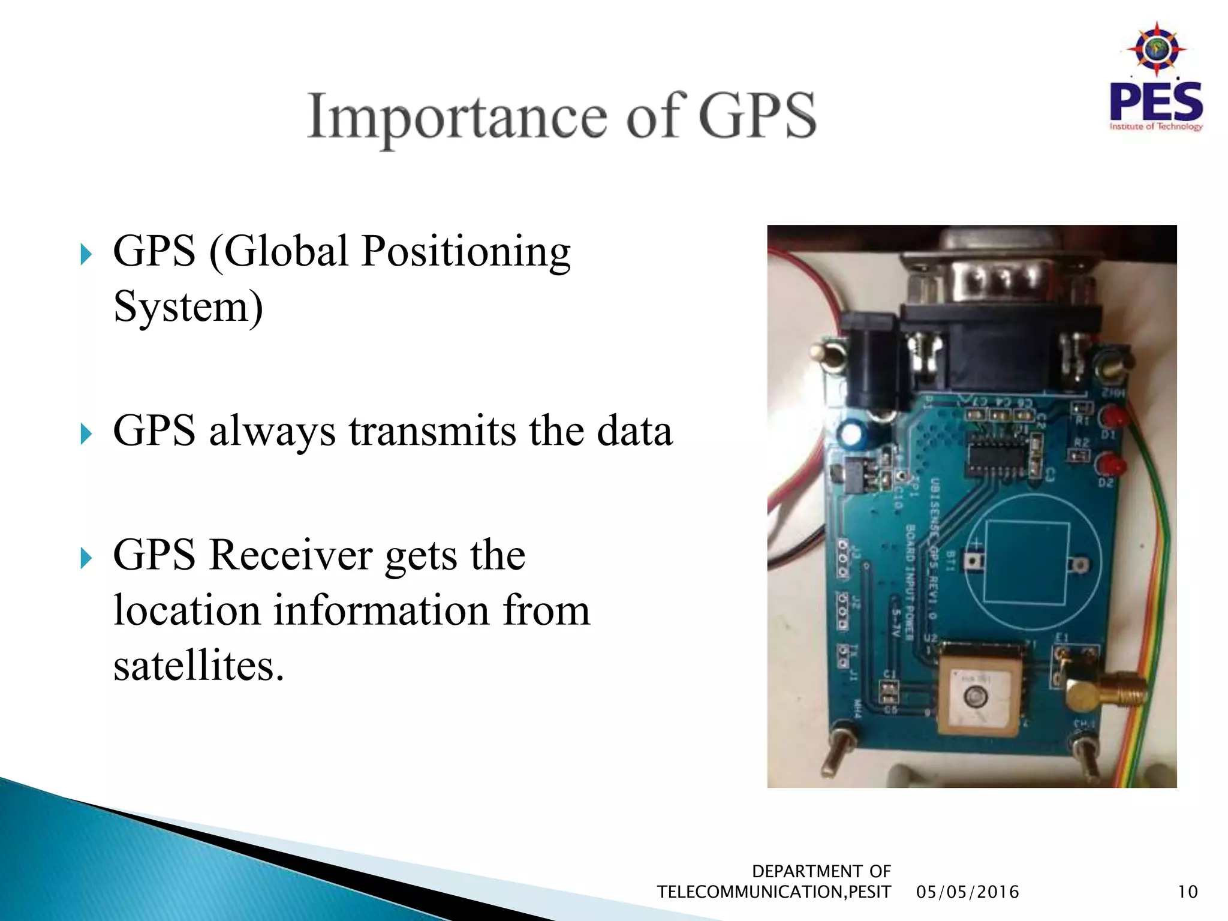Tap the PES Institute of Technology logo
pos(1155,78)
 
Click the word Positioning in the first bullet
pos(465,252)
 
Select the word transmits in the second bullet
pos(432,431)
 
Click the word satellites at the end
pos(198,666)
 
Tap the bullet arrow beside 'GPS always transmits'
pos(86,434)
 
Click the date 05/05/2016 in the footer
pos(967,892)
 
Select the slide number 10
pos(1187,892)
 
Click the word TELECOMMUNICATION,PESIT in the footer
pos(773,892)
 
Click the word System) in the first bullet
pos(188,307)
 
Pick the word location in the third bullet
pos(186,611)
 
